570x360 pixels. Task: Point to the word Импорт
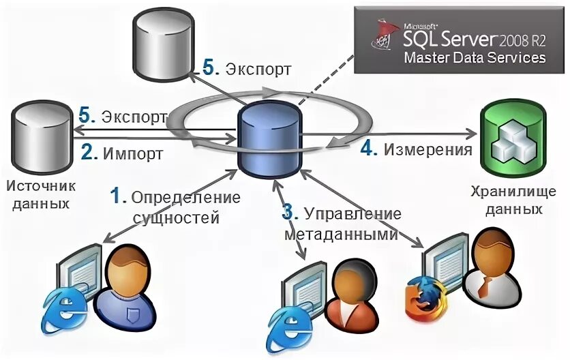133,153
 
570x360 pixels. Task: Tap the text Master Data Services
475,57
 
